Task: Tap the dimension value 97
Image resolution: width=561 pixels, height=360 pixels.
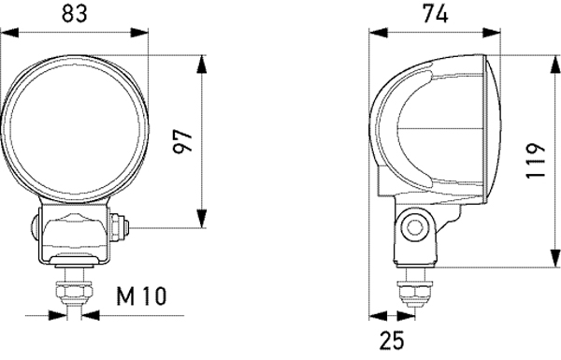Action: [184, 142]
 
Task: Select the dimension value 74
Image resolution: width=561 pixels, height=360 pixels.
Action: [436, 13]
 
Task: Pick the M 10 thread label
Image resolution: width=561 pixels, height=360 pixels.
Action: [141, 298]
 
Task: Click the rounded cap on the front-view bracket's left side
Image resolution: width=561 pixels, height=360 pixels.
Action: [34, 225]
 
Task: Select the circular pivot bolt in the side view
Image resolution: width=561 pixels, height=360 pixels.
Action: [413, 225]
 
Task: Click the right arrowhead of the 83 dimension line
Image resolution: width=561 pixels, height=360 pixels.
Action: [144, 33]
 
